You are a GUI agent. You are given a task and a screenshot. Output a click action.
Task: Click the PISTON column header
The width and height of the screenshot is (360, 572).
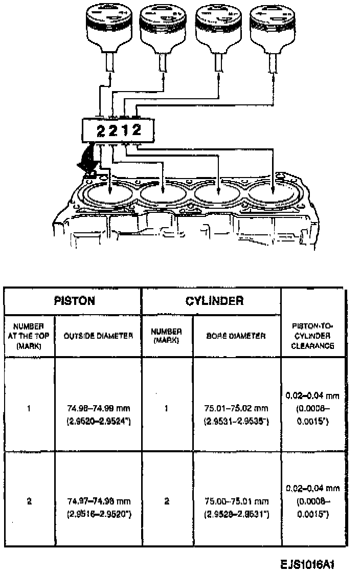(x=74, y=301)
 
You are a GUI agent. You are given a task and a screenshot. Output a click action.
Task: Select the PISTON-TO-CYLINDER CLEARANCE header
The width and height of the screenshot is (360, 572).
(x=312, y=336)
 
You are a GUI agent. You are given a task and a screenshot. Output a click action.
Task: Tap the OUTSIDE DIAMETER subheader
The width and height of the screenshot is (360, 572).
(x=98, y=336)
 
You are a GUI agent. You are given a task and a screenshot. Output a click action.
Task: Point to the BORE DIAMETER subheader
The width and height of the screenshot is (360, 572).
(x=236, y=336)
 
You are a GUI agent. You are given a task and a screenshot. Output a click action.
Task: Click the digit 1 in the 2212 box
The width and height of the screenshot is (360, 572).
(x=124, y=130)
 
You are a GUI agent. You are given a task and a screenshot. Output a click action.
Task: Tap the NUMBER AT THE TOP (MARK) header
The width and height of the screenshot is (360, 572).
(x=30, y=336)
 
